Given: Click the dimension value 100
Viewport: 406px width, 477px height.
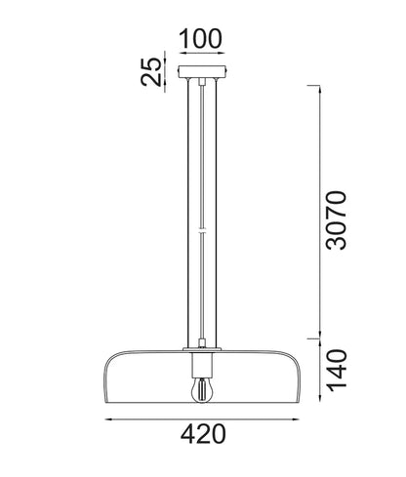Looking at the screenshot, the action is click(x=201, y=39).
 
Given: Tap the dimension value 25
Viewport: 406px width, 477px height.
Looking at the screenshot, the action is click(x=151, y=71).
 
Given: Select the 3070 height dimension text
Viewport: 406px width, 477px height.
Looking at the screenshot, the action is click(x=337, y=220).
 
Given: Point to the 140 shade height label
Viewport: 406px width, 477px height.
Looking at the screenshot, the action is click(x=337, y=371).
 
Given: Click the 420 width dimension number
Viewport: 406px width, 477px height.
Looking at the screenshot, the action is click(x=203, y=434).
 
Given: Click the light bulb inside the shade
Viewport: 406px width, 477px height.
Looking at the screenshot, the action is click(x=202, y=390).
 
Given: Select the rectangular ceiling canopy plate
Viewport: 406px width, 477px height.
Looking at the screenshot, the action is click(x=202, y=71).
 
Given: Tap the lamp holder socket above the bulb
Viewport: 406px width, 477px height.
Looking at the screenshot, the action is click(x=202, y=365).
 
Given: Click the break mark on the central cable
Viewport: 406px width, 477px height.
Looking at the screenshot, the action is click(x=202, y=232).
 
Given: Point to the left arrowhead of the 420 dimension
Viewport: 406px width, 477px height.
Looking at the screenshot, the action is click(x=108, y=419).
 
